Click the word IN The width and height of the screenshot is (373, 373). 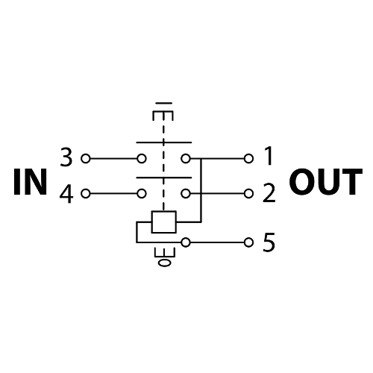30,182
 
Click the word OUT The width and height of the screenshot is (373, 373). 325,182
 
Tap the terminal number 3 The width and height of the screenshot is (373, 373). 66,157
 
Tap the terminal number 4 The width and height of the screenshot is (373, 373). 66,195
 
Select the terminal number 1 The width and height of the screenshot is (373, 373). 268,156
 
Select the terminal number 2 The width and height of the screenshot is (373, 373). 269,193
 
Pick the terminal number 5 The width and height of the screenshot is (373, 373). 269,242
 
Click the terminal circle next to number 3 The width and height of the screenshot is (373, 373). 86,158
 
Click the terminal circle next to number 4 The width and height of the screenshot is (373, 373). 86,193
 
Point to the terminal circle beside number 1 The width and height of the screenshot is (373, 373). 248,158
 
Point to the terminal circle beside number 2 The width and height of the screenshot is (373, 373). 248,193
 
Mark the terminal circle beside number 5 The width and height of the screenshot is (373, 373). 248,242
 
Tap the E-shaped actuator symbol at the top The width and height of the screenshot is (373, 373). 163,112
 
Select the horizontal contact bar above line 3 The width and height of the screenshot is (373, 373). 164,142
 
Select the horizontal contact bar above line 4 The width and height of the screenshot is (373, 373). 164,178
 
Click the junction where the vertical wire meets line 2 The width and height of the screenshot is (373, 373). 201,193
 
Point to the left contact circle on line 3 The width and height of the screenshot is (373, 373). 142,158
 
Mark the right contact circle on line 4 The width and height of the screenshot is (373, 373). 186,193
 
